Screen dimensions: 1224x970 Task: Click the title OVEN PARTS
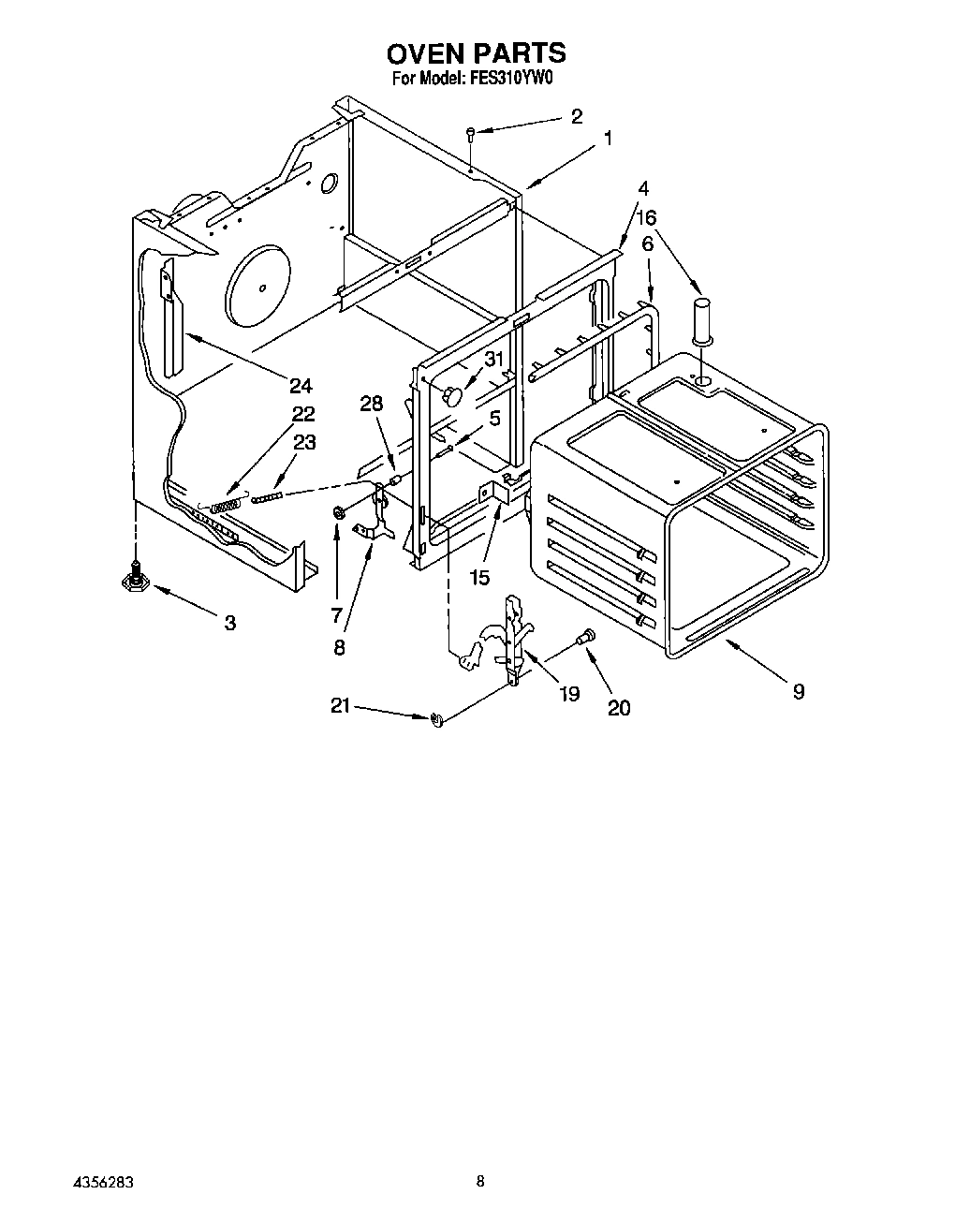pyautogui.click(x=477, y=52)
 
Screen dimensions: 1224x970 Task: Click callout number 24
pyautogui.click(x=301, y=385)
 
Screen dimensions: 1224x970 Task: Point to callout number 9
pyautogui.click(x=798, y=691)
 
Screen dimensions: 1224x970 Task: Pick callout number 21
pyautogui.click(x=340, y=705)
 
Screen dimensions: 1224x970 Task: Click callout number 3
pyautogui.click(x=230, y=622)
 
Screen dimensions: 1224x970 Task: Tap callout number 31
pyautogui.click(x=493, y=358)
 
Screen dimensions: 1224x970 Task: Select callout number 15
pyautogui.click(x=479, y=578)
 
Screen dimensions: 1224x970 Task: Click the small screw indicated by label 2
pyautogui.click(x=472, y=134)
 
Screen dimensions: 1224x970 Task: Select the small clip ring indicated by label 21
pyautogui.click(x=436, y=718)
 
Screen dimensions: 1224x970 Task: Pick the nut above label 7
pyautogui.click(x=337, y=511)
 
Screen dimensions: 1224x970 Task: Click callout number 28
pyautogui.click(x=372, y=404)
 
